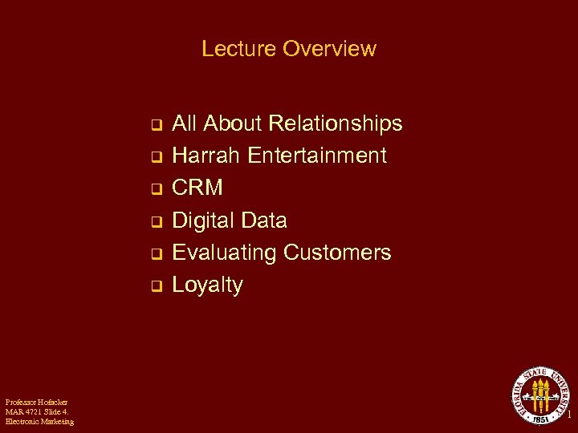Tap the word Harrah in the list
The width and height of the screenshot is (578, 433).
coord(207,156)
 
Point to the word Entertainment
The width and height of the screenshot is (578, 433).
coord(317,156)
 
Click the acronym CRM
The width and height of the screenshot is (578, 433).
coord(197,188)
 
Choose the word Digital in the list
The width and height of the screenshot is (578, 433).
coord(206,221)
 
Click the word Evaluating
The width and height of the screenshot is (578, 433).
coord(225,253)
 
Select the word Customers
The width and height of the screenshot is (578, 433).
coord(337,253)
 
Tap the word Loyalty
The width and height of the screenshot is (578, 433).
coord(207,285)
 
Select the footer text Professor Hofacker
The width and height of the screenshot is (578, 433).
coord(36,402)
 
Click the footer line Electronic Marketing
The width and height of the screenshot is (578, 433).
coord(39,421)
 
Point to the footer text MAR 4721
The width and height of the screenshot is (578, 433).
coord(22,411)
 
